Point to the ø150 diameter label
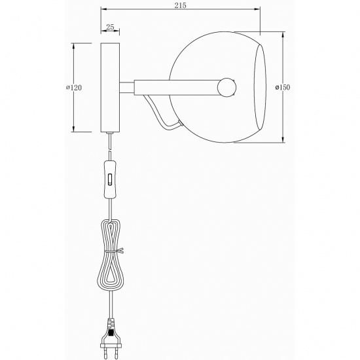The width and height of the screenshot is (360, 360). [283, 87]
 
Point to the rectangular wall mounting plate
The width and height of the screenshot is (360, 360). [110, 87]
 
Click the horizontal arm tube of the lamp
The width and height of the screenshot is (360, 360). [177, 86]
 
